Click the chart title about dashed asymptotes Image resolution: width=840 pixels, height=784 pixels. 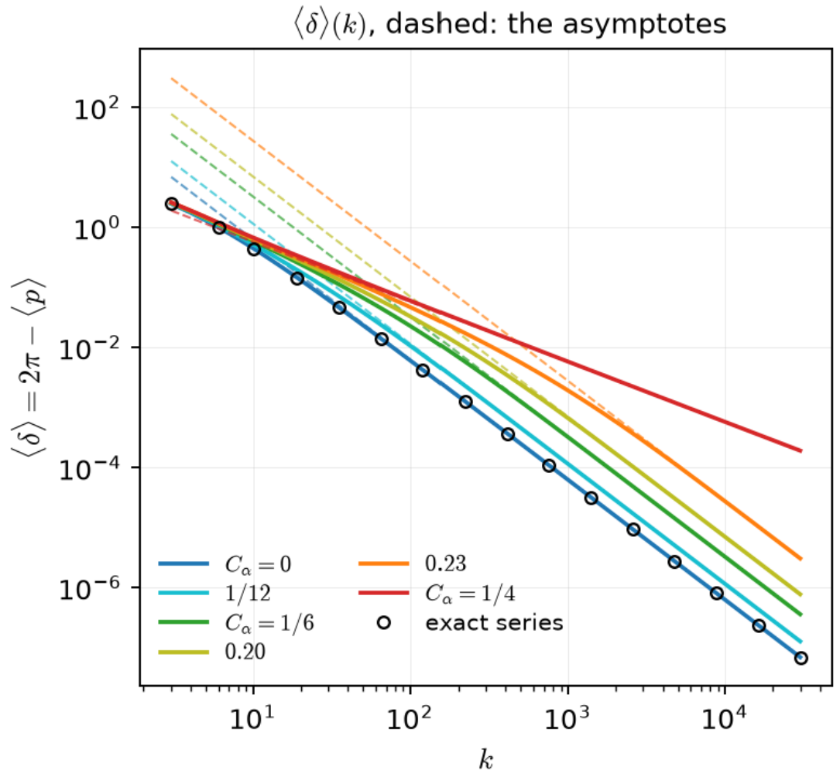click(x=509, y=24)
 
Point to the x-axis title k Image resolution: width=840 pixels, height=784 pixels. click(x=486, y=759)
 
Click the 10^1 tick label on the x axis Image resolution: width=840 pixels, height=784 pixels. click(x=252, y=717)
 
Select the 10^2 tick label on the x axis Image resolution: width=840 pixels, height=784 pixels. click(x=410, y=717)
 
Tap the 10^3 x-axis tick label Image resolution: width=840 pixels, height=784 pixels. click(x=567, y=717)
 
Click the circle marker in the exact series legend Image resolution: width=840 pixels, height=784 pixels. click(x=383, y=623)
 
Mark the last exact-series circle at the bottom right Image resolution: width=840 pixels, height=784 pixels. click(x=801, y=658)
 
